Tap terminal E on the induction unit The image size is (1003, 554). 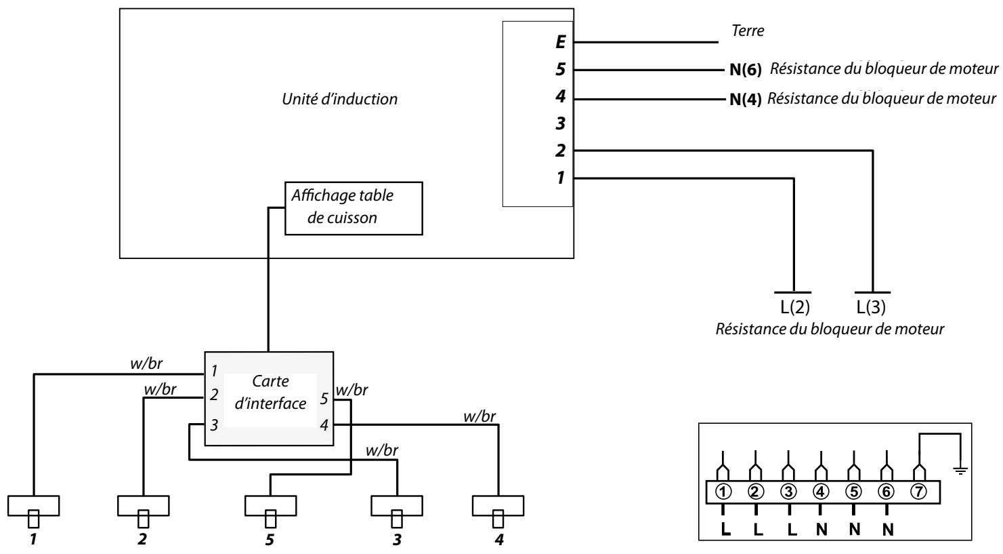[559, 43]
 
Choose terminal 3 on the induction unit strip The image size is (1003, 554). [559, 124]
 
